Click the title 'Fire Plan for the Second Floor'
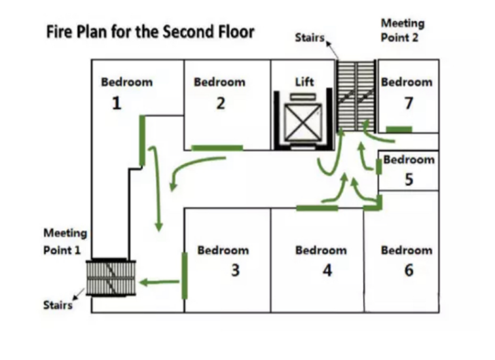click(x=150, y=32)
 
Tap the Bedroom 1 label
click(x=126, y=82)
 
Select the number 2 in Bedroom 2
click(x=220, y=103)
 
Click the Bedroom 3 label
click(x=223, y=250)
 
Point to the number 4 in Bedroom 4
click(x=327, y=270)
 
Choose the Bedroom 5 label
click(x=409, y=160)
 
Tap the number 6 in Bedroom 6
click(x=409, y=270)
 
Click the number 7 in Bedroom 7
click(x=409, y=103)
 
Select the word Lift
click(x=304, y=82)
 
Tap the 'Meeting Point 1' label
click(x=65, y=242)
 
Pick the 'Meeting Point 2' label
click(x=402, y=29)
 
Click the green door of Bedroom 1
click(x=142, y=139)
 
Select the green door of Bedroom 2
click(x=217, y=148)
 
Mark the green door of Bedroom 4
click(x=317, y=208)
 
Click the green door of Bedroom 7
click(x=399, y=129)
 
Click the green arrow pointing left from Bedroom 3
click(x=159, y=283)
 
